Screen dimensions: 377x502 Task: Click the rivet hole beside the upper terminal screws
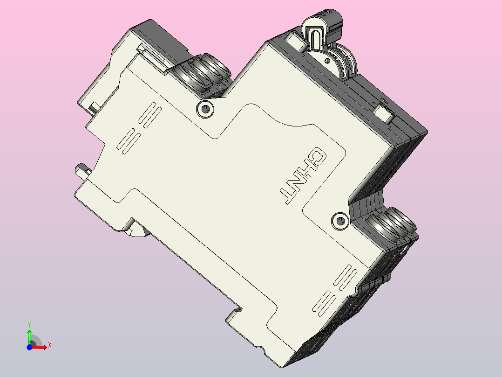pos(205,109)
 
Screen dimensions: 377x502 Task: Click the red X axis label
pos(49,345)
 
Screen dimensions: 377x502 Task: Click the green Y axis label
pos(29,323)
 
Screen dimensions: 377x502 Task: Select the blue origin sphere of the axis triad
pos(29,347)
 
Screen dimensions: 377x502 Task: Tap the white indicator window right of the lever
pos(385,113)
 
